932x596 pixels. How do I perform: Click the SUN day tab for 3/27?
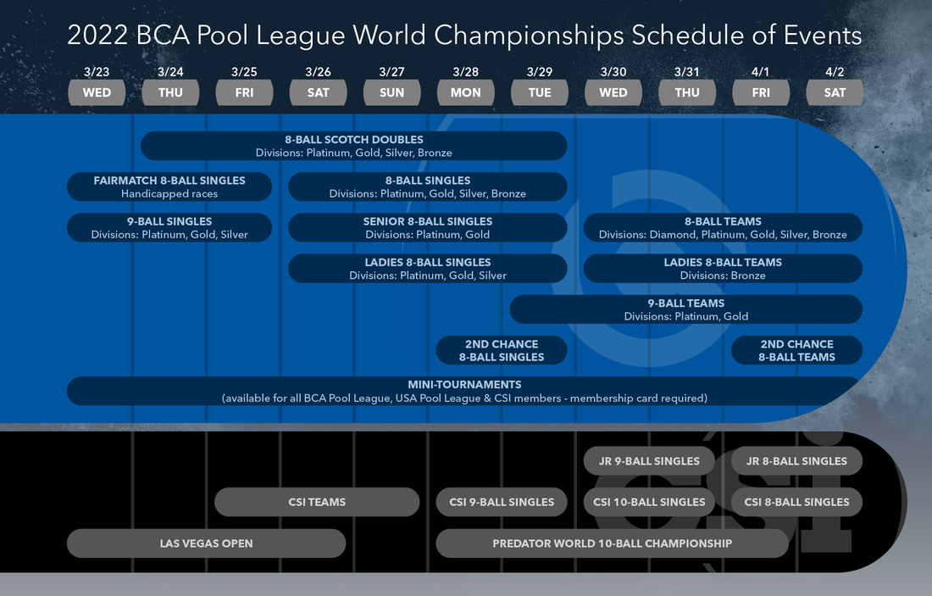tap(391, 92)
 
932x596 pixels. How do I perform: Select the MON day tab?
tap(465, 92)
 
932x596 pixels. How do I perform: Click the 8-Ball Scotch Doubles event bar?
tap(353, 146)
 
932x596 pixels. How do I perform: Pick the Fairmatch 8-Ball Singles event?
tap(169, 187)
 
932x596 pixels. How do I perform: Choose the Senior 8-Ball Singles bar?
tap(427, 227)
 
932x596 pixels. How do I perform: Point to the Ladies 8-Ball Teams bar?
tap(723, 268)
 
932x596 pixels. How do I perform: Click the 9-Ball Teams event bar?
tap(685, 309)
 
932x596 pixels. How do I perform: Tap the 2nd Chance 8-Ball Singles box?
tap(502, 350)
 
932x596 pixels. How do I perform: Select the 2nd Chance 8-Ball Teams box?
tap(796, 350)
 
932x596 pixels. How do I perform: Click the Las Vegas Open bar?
tap(206, 543)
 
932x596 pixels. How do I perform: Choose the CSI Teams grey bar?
tap(317, 502)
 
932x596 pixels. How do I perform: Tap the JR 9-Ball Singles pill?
tap(648, 461)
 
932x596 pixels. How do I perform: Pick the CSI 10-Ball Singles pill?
tap(649, 502)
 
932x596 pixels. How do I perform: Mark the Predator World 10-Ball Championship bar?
tap(612, 543)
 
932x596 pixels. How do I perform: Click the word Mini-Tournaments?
tap(464, 385)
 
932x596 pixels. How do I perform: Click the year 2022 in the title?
tap(97, 36)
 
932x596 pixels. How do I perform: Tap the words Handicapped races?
tap(169, 194)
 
